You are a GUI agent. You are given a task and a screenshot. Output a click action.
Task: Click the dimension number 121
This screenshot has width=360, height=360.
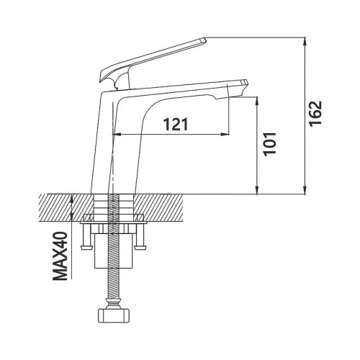(x=176, y=124)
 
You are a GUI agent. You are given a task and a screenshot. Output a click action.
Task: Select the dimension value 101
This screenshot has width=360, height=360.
(x=270, y=144)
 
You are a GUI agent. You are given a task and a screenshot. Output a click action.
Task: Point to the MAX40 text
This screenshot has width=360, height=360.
(x=60, y=256)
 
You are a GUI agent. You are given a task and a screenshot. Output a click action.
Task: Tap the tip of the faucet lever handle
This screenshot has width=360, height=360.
(x=204, y=40)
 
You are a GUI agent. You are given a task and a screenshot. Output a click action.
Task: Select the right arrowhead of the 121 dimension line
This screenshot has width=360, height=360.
(x=225, y=134)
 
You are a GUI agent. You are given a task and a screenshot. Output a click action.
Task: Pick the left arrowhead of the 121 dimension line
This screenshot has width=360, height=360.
(x=117, y=134)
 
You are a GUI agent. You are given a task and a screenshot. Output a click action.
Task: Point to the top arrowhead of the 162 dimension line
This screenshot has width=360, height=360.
(x=305, y=41)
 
